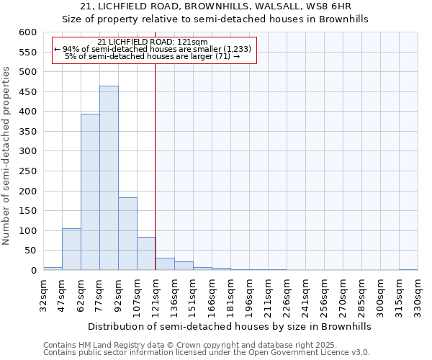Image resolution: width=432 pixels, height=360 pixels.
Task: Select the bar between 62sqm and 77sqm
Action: coord(90,192)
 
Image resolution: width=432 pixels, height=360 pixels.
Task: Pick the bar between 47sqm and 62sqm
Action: coord(71,249)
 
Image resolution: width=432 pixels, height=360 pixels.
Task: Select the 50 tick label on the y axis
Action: coord(30,251)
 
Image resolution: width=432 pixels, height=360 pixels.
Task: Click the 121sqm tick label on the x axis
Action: coord(156,295)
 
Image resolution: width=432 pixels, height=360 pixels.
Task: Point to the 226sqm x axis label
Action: coord(287,295)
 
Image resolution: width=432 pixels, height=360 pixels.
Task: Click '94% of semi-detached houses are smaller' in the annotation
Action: coord(153,49)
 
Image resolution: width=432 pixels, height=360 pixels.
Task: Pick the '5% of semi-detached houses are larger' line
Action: coord(153,56)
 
